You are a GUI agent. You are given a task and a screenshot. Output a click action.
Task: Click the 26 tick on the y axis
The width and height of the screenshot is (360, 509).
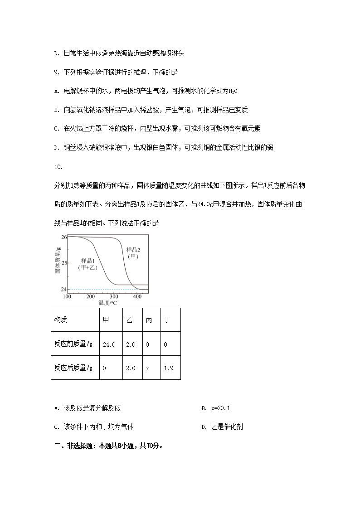(64, 237)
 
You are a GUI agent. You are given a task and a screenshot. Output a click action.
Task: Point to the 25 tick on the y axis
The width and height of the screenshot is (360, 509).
(64, 263)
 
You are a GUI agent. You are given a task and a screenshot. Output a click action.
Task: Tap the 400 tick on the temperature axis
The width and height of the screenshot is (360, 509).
(137, 296)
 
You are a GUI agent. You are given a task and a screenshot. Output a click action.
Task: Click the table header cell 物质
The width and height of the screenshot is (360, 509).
(60, 320)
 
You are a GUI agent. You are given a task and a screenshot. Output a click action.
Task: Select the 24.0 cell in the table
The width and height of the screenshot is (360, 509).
(109, 344)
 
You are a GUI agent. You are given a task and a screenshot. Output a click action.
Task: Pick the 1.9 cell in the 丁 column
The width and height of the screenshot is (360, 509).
(169, 368)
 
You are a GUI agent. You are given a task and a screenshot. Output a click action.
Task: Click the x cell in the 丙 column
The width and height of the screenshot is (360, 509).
(148, 368)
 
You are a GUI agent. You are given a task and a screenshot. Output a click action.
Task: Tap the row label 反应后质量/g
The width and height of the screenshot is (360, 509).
(73, 368)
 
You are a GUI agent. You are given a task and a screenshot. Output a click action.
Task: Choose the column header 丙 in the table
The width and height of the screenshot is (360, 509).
(149, 320)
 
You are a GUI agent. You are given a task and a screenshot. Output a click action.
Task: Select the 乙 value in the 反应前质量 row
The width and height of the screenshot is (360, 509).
(131, 344)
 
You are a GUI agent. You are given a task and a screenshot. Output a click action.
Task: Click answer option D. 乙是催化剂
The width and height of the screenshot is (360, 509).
(224, 427)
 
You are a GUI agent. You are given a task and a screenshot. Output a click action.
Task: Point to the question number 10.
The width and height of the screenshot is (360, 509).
(58, 167)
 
